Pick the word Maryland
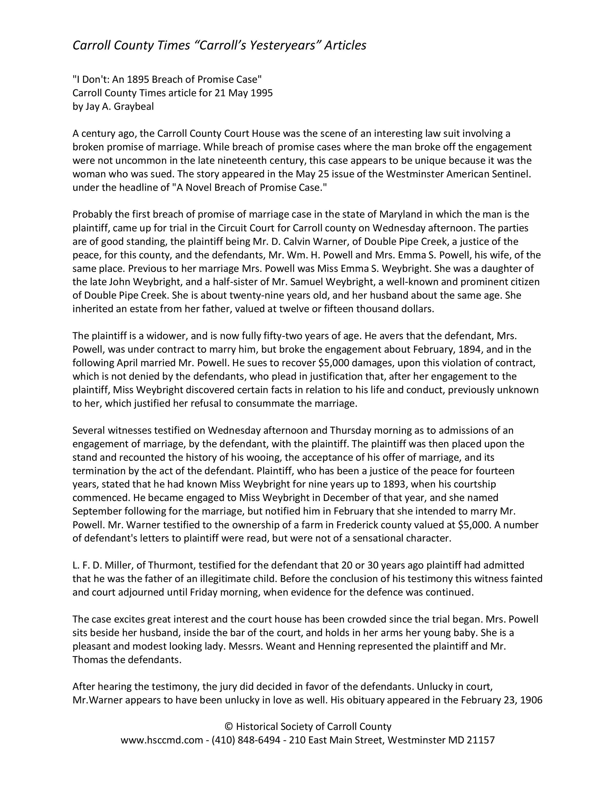click(400, 214)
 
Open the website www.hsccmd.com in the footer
click(162, 740)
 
